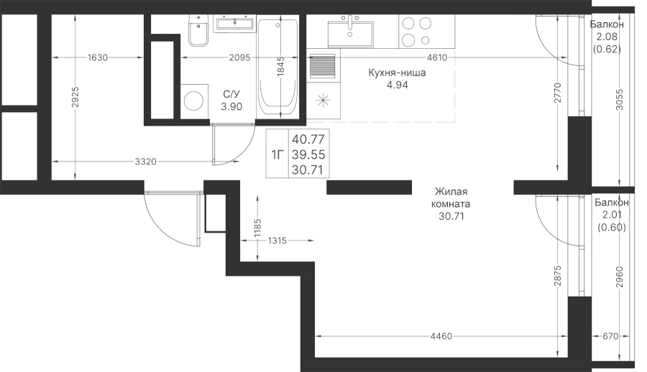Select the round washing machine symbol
194,101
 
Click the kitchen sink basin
350,31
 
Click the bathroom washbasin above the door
235,23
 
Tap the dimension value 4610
436,57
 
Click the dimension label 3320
146,162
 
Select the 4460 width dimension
441,337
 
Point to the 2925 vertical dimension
75,98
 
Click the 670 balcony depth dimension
610,337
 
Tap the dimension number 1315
277,241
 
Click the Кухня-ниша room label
397,73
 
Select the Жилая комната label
451,198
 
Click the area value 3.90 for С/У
231,107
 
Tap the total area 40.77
308,139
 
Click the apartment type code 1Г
277,154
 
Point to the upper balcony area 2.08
606,37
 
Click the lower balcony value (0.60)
612,227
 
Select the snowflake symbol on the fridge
323,101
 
